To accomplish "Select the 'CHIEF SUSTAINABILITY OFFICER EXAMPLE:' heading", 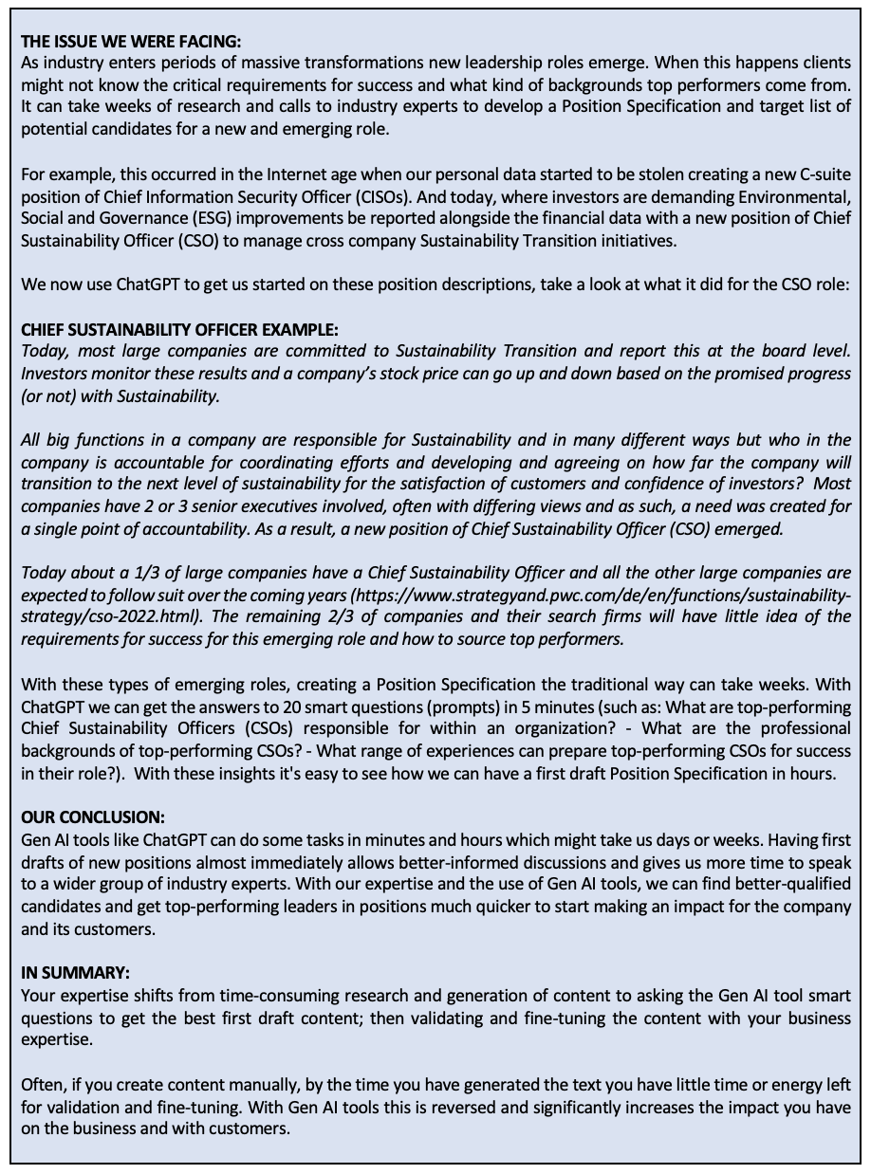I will pyautogui.click(x=179, y=330).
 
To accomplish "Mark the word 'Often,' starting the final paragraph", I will pyautogui.click(x=43, y=1084).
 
